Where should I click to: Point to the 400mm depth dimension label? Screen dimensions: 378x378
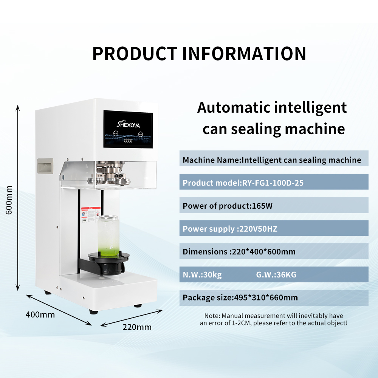(40, 314)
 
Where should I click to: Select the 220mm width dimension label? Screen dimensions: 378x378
(137, 327)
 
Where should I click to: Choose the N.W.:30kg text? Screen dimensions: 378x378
(202, 275)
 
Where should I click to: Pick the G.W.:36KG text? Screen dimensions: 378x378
(276, 275)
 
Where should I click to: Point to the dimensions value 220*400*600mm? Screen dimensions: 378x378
(263, 252)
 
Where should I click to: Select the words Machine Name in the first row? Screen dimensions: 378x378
(211, 160)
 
